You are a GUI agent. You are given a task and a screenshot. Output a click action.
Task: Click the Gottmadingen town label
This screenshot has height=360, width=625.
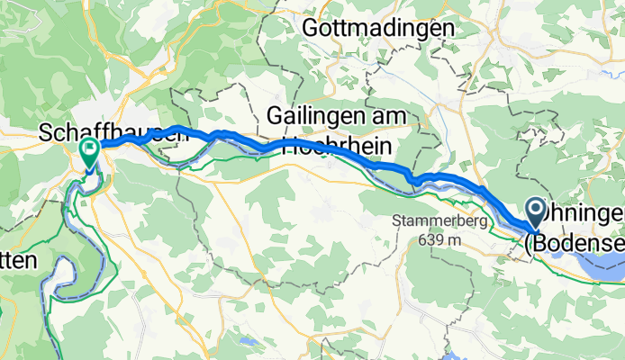coord(379,29)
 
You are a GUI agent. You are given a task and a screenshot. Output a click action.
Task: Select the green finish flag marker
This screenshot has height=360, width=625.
coord(90,152)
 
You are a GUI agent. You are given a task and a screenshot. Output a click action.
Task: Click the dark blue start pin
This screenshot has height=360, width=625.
coord(534,215)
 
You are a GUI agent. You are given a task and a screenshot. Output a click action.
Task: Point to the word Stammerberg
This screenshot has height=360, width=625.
coord(440,221)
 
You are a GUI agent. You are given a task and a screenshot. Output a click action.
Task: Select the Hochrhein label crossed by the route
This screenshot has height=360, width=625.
coord(340,148)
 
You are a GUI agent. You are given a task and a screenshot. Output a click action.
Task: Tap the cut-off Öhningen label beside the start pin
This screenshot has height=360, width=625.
coord(585,214)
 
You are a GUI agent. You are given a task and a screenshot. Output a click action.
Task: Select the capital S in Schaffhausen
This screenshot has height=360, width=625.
coord(46,133)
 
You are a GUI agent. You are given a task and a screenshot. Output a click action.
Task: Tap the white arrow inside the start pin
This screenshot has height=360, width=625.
coord(534,211)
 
